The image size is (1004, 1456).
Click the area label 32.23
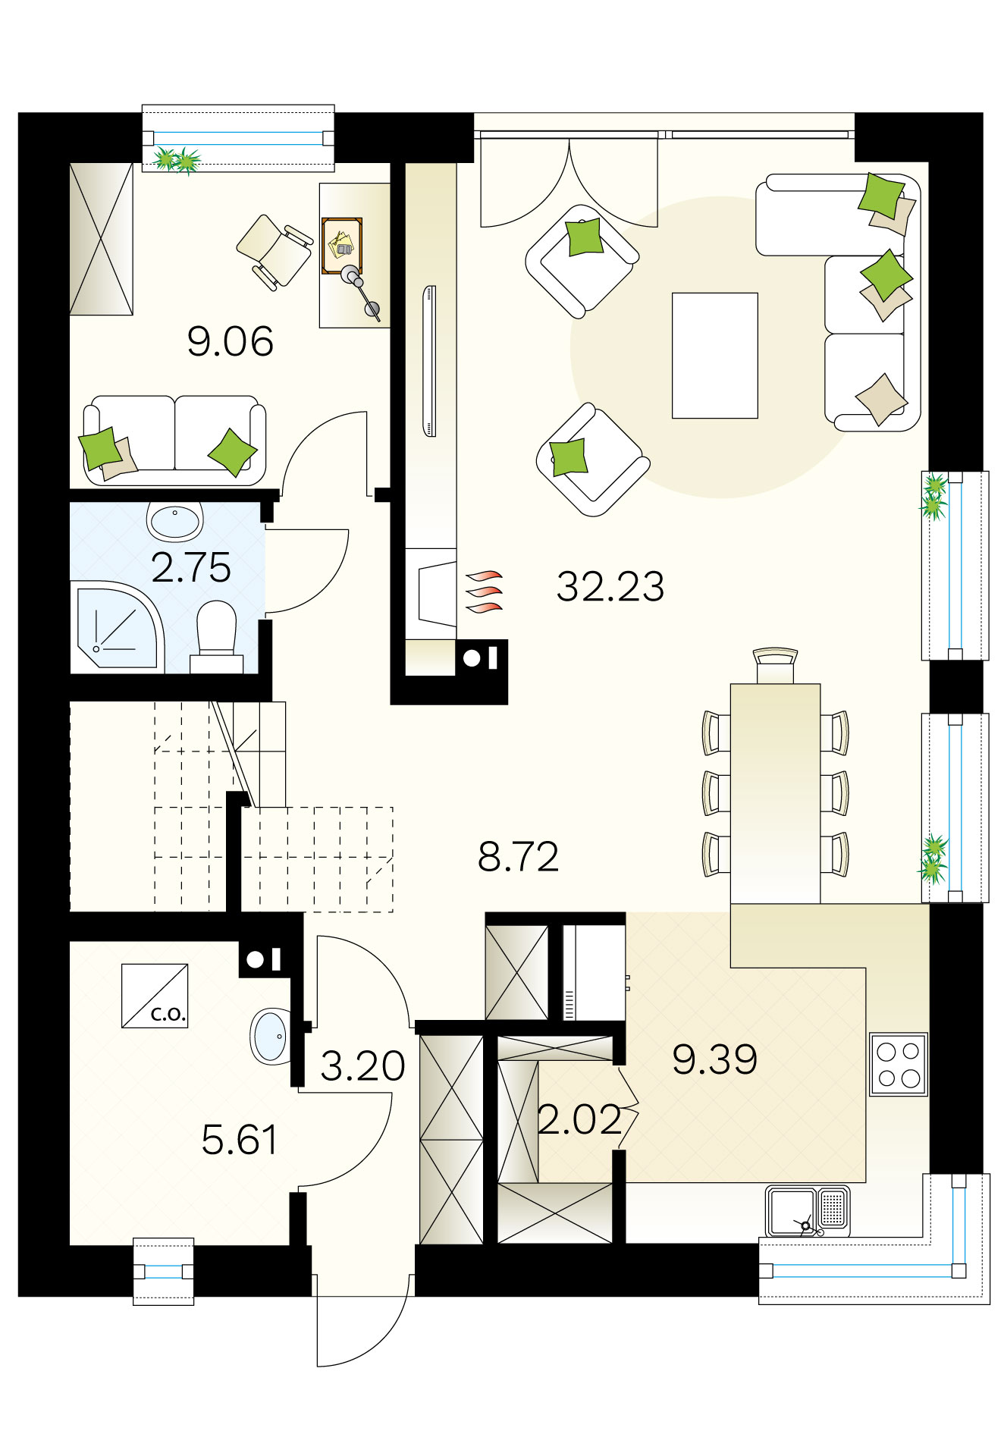[610, 586]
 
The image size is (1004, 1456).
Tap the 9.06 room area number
[231, 341]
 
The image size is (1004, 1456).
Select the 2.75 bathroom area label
[191, 567]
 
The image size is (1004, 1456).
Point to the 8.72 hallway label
[519, 857]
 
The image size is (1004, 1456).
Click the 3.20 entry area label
[362, 1066]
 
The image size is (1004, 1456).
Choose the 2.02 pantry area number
[580, 1120]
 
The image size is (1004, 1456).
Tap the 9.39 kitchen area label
[715, 1059]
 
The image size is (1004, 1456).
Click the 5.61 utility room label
[240, 1140]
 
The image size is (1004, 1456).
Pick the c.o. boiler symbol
[155, 996]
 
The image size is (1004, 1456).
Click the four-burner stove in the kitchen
[899, 1064]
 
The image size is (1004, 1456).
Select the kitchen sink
[808, 1211]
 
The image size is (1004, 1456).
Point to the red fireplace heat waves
[484, 591]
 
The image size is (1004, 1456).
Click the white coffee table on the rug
[715, 356]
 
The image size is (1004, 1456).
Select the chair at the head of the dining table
[775, 666]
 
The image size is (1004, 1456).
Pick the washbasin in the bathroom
[175, 521]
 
